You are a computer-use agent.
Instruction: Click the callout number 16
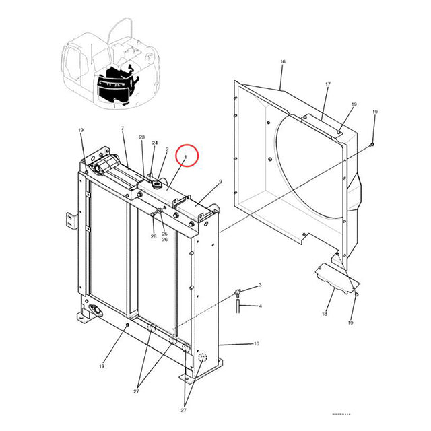click(x=283, y=61)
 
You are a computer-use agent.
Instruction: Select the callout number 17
click(x=328, y=84)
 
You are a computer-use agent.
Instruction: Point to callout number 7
click(x=123, y=128)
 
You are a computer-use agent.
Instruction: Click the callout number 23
click(x=142, y=137)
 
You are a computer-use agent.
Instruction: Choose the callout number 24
click(x=154, y=143)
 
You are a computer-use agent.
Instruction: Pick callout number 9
click(x=220, y=182)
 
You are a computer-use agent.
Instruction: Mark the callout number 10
click(x=256, y=344)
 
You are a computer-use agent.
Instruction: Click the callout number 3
click(x=260, y=286)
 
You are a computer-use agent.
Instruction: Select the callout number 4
click(x=260, y=306)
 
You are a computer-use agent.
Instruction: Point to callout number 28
click(x=154, y=236)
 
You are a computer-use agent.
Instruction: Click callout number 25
click(x=164, y=234)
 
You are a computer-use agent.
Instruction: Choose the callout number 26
click(x=164, y=240)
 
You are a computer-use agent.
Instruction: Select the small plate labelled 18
click(x=335, y=279)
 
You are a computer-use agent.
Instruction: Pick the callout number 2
click(x=166, y=149)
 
